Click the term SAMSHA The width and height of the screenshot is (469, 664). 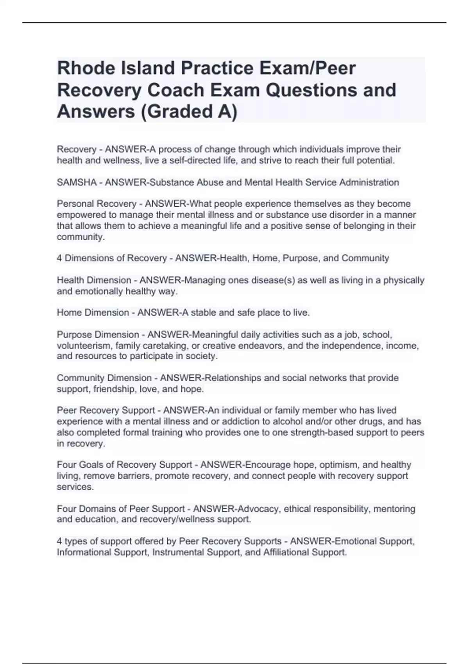(77, 182)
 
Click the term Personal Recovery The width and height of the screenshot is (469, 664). (97, 204)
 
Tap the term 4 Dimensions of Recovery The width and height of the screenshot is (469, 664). (112, 258)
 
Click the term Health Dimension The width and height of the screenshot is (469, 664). (94, 280)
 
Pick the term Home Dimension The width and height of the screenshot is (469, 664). (93, 312)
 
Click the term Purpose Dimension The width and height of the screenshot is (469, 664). (98, 335)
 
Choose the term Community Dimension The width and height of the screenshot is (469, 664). (104, 378)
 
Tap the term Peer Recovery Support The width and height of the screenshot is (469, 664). (106, 411)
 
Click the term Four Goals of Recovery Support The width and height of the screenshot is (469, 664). (124, 465)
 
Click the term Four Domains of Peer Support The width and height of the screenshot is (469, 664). (120, 509)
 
